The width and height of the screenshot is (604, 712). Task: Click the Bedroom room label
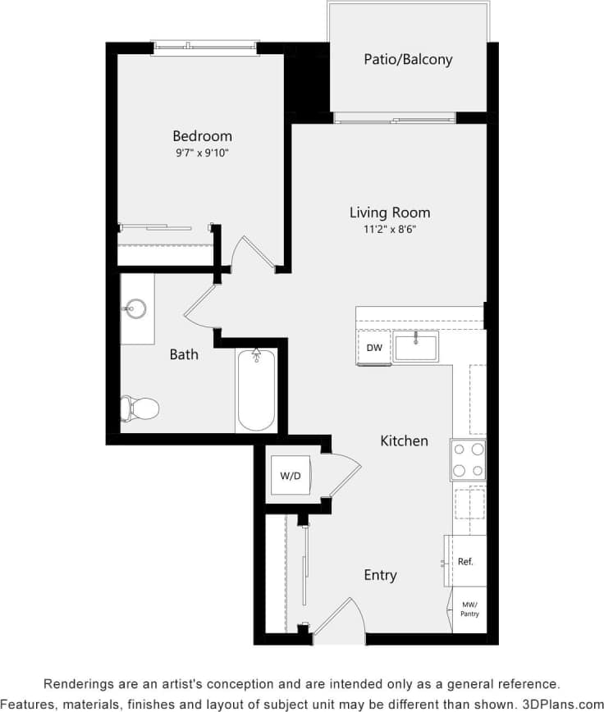(202, 136)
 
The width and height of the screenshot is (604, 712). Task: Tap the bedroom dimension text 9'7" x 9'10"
(202, 153)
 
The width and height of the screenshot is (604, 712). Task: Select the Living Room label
(390, 212)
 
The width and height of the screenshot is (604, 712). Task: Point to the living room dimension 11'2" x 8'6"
(390, 230)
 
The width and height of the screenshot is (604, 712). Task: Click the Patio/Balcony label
(408, 59)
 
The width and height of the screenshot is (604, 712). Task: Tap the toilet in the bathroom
(139, 408)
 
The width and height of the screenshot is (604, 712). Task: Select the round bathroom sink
(136, 309)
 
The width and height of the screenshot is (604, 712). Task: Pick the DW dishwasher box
(374, 348)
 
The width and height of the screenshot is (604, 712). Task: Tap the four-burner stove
(468, 460)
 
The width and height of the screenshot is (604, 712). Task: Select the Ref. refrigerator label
(465, 562)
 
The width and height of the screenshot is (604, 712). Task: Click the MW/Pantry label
(469, 609)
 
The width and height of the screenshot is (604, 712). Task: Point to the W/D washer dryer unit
(290, 475)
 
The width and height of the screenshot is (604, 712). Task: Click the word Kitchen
(404, 441)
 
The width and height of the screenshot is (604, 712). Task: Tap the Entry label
(380, 575)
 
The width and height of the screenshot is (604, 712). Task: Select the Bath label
(184, 354)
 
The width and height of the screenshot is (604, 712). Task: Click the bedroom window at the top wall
(206, 48)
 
